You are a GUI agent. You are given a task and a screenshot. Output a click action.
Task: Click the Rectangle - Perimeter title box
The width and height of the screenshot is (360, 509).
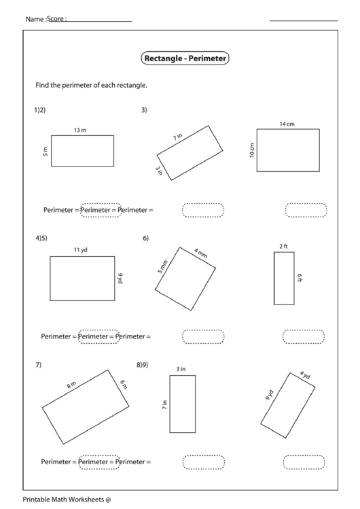coord(185,59)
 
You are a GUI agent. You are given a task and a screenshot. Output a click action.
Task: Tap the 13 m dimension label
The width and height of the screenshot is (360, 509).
coord(80,130)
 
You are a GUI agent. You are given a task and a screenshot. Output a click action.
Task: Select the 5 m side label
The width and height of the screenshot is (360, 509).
coord(46,150)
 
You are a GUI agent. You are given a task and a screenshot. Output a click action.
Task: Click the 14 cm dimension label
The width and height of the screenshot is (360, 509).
coord(287,124)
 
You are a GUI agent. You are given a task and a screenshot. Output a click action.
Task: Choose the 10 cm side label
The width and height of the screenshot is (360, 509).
coord(251,150)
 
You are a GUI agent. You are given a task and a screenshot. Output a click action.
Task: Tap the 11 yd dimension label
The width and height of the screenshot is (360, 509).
coord(81,250)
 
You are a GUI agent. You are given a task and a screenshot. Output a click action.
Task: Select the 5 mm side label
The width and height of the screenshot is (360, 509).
coord(162,267)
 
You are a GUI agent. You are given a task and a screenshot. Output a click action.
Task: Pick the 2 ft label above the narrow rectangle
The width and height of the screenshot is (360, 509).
coord(283,246)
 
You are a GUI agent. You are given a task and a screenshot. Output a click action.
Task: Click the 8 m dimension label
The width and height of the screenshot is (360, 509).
coord(71,385)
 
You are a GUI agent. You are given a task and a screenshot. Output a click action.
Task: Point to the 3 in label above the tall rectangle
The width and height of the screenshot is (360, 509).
coord(181,369)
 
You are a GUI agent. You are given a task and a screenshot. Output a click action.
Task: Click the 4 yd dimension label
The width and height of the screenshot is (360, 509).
coord(305,375)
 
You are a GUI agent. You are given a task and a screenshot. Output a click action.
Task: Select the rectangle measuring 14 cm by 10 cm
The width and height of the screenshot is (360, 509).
coord(287,150)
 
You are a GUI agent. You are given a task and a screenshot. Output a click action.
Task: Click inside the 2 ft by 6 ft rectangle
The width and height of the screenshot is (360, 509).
coord(284,278)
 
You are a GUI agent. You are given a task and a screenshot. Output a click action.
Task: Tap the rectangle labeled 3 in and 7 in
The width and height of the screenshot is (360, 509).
coord(182,404)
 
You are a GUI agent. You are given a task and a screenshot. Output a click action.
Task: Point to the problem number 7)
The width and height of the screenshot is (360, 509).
coord(39,365)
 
